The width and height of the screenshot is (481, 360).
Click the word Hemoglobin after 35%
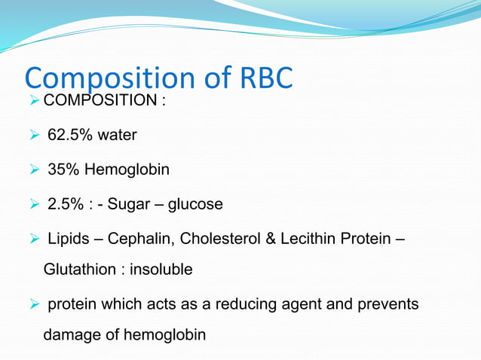pyautogui.click(x=127, y=170)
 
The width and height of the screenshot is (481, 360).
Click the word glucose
pyautogui.click(x=196, y=205)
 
